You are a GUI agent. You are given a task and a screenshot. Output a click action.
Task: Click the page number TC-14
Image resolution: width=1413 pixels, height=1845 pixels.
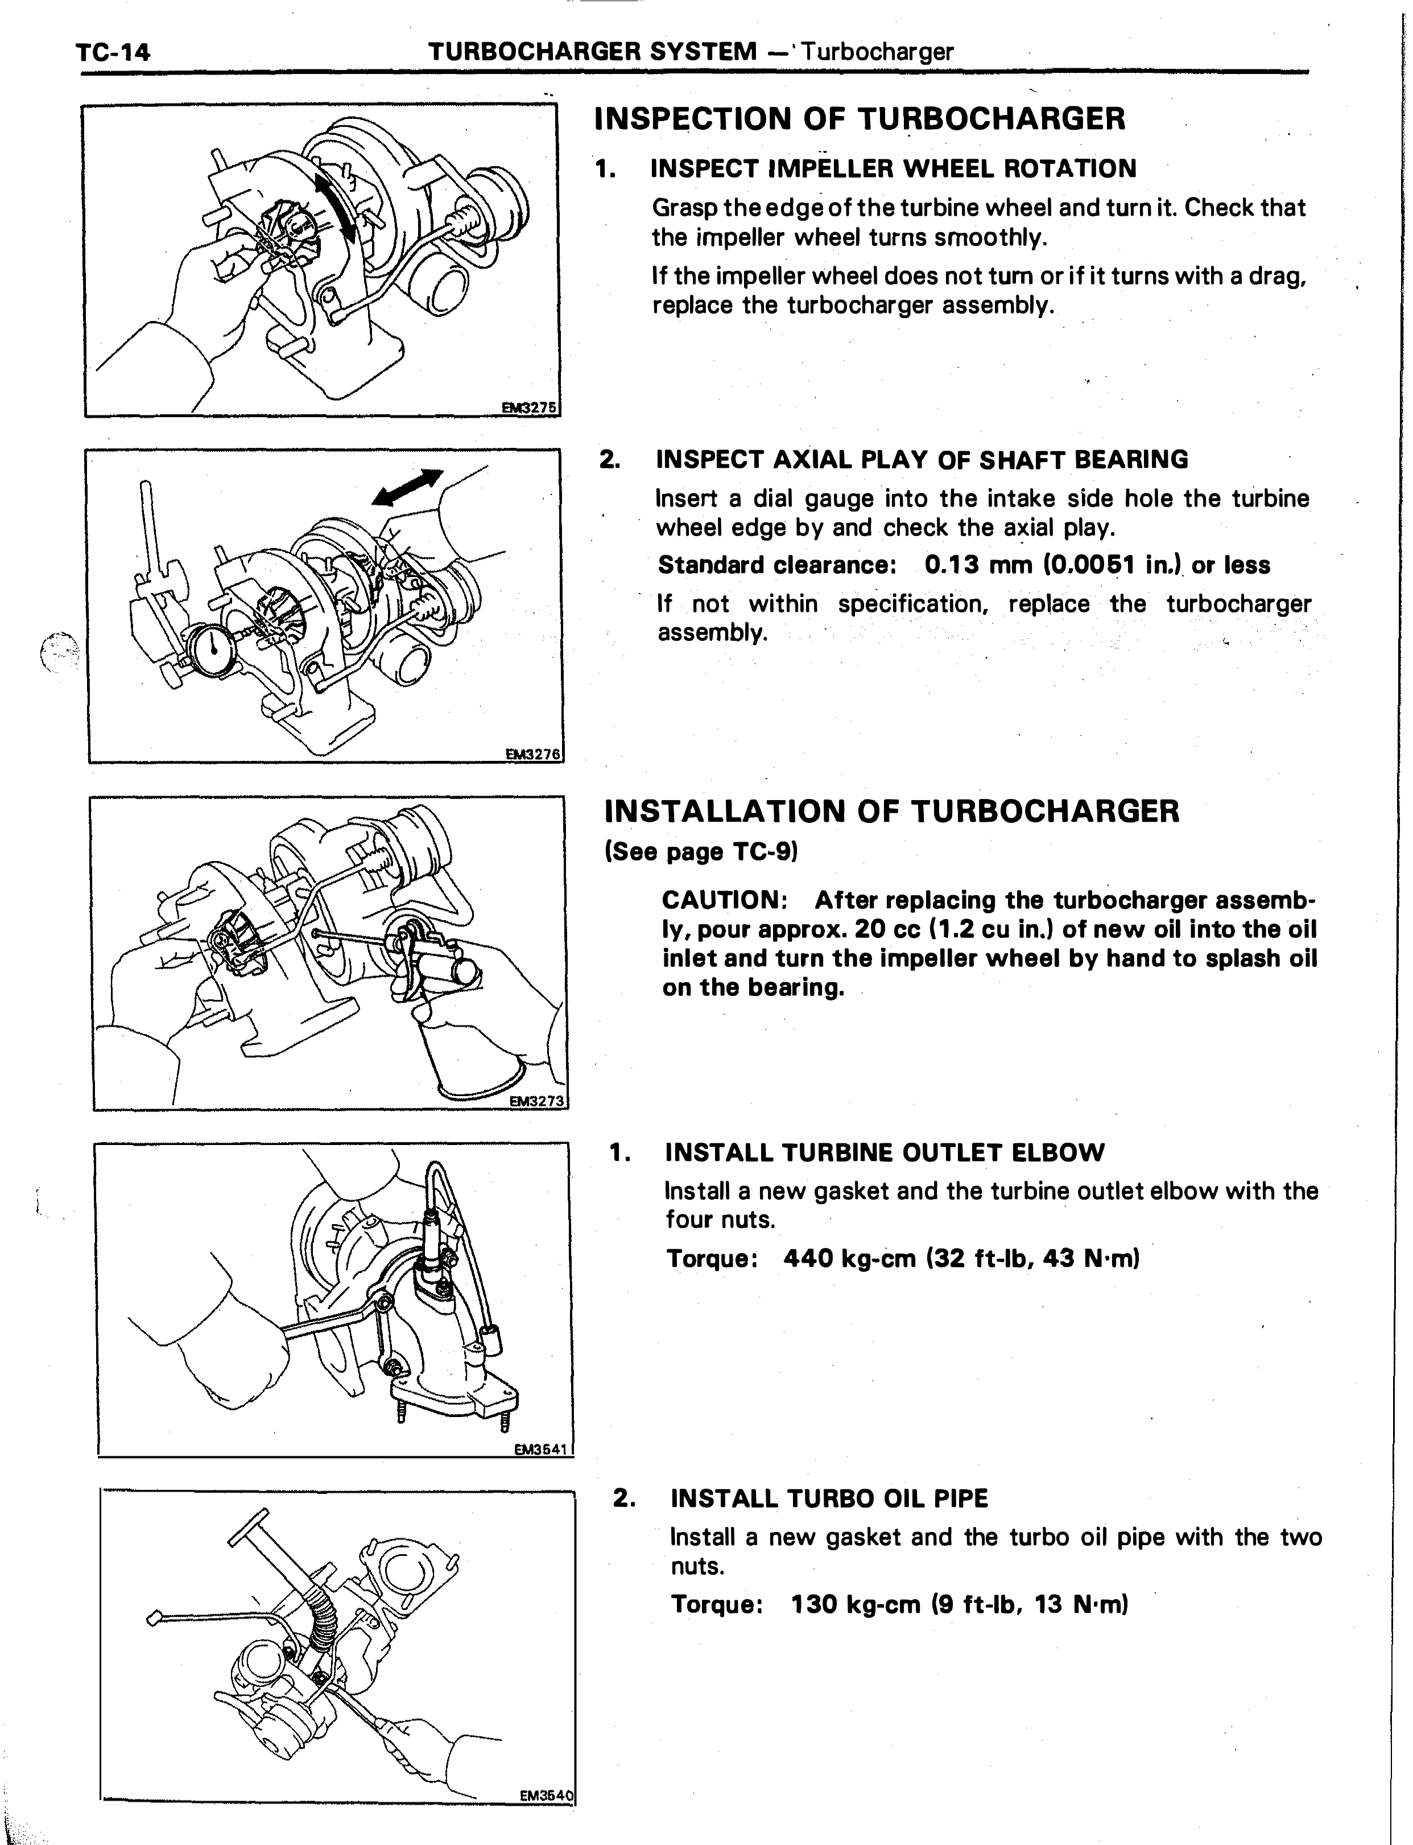click(x=114, y=53)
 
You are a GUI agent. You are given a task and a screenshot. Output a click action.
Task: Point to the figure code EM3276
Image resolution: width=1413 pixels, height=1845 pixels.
click(x=532, y=755)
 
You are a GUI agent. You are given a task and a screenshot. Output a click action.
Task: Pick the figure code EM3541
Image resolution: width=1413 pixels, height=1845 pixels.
click(x=543, y=1449)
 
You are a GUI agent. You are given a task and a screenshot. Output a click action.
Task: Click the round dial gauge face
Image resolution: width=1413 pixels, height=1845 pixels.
click(x=217, y=646)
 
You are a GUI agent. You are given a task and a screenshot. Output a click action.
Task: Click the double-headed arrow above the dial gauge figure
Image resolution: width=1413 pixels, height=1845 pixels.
click(x=408, y=487)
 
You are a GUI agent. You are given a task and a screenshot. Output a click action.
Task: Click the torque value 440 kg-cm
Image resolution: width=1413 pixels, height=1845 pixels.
click(x=849, y=1259)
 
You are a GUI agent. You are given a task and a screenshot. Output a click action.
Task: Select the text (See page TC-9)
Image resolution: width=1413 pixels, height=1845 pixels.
click(x=701, y=853)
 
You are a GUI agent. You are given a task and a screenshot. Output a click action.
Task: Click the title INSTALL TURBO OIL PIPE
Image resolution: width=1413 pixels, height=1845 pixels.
click(x=829, y=1498)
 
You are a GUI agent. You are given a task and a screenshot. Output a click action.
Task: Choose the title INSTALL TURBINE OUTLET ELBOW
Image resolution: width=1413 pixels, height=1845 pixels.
click(x=885, y=1152)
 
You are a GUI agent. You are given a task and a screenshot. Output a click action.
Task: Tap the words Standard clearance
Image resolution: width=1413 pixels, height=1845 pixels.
click(x=775, y=565)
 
